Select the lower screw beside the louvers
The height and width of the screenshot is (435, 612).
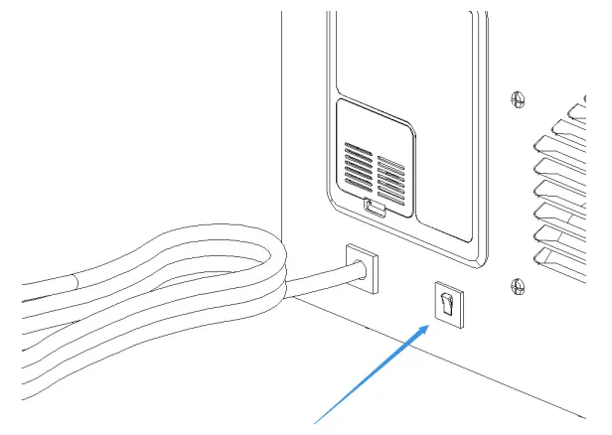(x=516, y=288)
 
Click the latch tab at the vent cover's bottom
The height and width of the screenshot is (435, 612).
(x=374, y=209)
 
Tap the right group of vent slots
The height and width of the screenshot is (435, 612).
(x=390, y=175)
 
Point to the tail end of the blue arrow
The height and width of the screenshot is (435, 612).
(x=318, y=423)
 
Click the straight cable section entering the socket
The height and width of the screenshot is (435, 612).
(x=318, y=281)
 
